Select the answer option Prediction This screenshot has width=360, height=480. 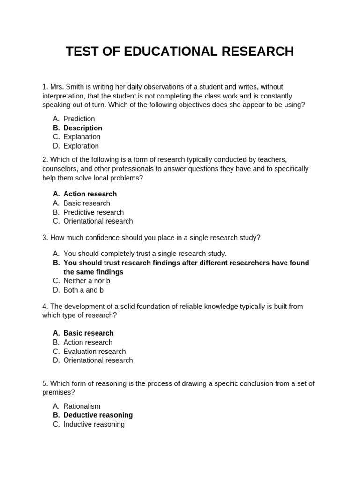point(79,119)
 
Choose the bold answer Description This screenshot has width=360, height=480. point(82,128)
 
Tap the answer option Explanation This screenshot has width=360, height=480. point(82,137)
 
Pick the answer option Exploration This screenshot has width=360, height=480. point(81,146)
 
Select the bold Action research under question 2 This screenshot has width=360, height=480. point(90,194)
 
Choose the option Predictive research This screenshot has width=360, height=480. point(93,212)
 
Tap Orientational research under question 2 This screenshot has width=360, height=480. point(98,221)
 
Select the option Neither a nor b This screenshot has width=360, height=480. point(87,281)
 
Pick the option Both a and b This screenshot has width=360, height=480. point(83,290)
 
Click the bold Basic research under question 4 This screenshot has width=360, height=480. point(88,333)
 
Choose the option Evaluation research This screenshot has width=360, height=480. point(94,351)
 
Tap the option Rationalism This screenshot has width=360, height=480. point(82,406)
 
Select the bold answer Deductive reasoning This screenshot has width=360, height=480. point(98,415)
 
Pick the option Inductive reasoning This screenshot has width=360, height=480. point(94,424)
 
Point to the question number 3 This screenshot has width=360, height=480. point(45,238)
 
